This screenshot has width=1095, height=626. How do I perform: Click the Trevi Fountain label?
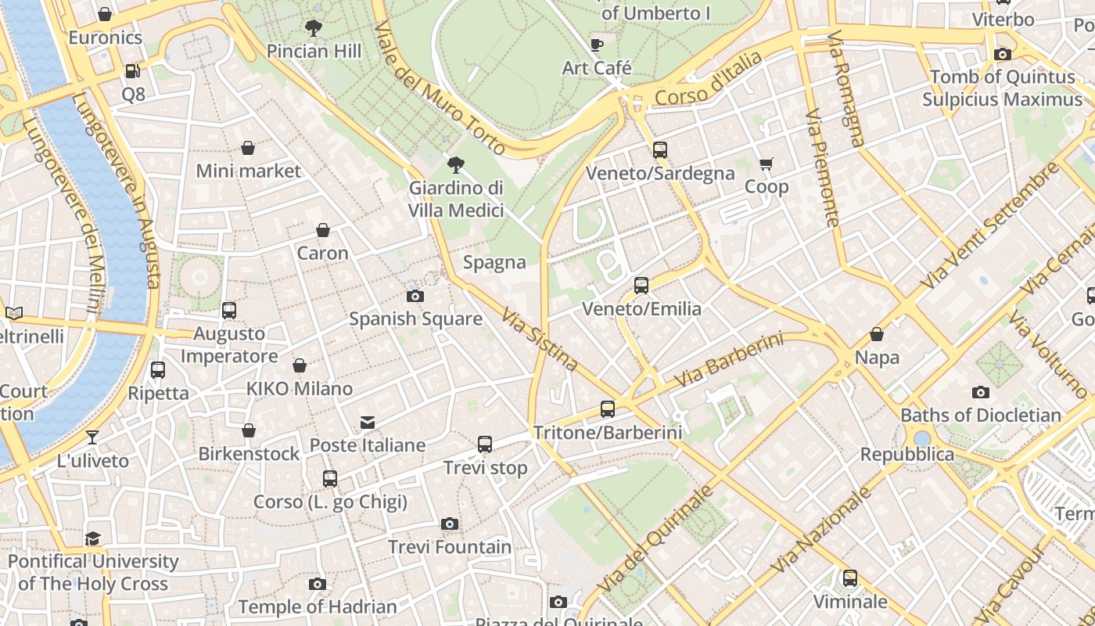pyautogui.click(x=450, y=546)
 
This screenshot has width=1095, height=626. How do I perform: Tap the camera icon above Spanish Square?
pyautogui.click(x=415, y=296)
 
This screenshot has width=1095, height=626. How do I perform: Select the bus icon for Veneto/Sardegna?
pyautogui.click(x=660, y=150)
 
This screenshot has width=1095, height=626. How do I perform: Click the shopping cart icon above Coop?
pyautogui.click(x=766, y=164)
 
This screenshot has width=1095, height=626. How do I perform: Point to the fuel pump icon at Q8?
pyautogui.click(x=132, y=71)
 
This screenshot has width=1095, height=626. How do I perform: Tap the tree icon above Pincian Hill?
pyautogui.click(x=314, y=28)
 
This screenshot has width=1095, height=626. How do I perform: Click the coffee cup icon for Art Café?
pyautogui.click(x=597, y=45)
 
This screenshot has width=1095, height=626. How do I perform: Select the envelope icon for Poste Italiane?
pyautogui.click(x=367, y=423)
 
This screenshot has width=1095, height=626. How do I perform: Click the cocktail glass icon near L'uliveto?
pyautogui.click(x=92, y=437)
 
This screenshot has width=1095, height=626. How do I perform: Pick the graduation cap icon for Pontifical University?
pyautogui.click(x=93, y=538)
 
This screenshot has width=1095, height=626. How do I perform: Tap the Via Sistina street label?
pyautogui.click(x=540, y=339)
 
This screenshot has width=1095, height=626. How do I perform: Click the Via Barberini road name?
pyautogui.click(x=728, y=360)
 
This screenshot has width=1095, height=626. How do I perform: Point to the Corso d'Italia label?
pyautogui.click(x=708, y=79)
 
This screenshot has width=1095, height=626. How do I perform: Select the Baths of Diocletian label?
pyautogui.click(x=981, y=415)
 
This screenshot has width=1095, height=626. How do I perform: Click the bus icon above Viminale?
pyautogui.click(x=850, y=578)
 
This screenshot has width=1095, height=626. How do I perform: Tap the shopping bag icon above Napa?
pyautogui.click(x=877, y=334)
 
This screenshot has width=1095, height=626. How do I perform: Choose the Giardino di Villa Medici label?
pyautogui.click(x=456, y=200)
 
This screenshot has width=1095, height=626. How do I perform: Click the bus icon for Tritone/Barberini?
pyautogui.click(x=608, y=408)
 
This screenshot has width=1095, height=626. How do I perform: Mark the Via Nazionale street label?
pyautogui.click(x=821, y=530)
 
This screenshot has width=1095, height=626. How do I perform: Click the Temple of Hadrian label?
pyautogui.click(x=318, y=606)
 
